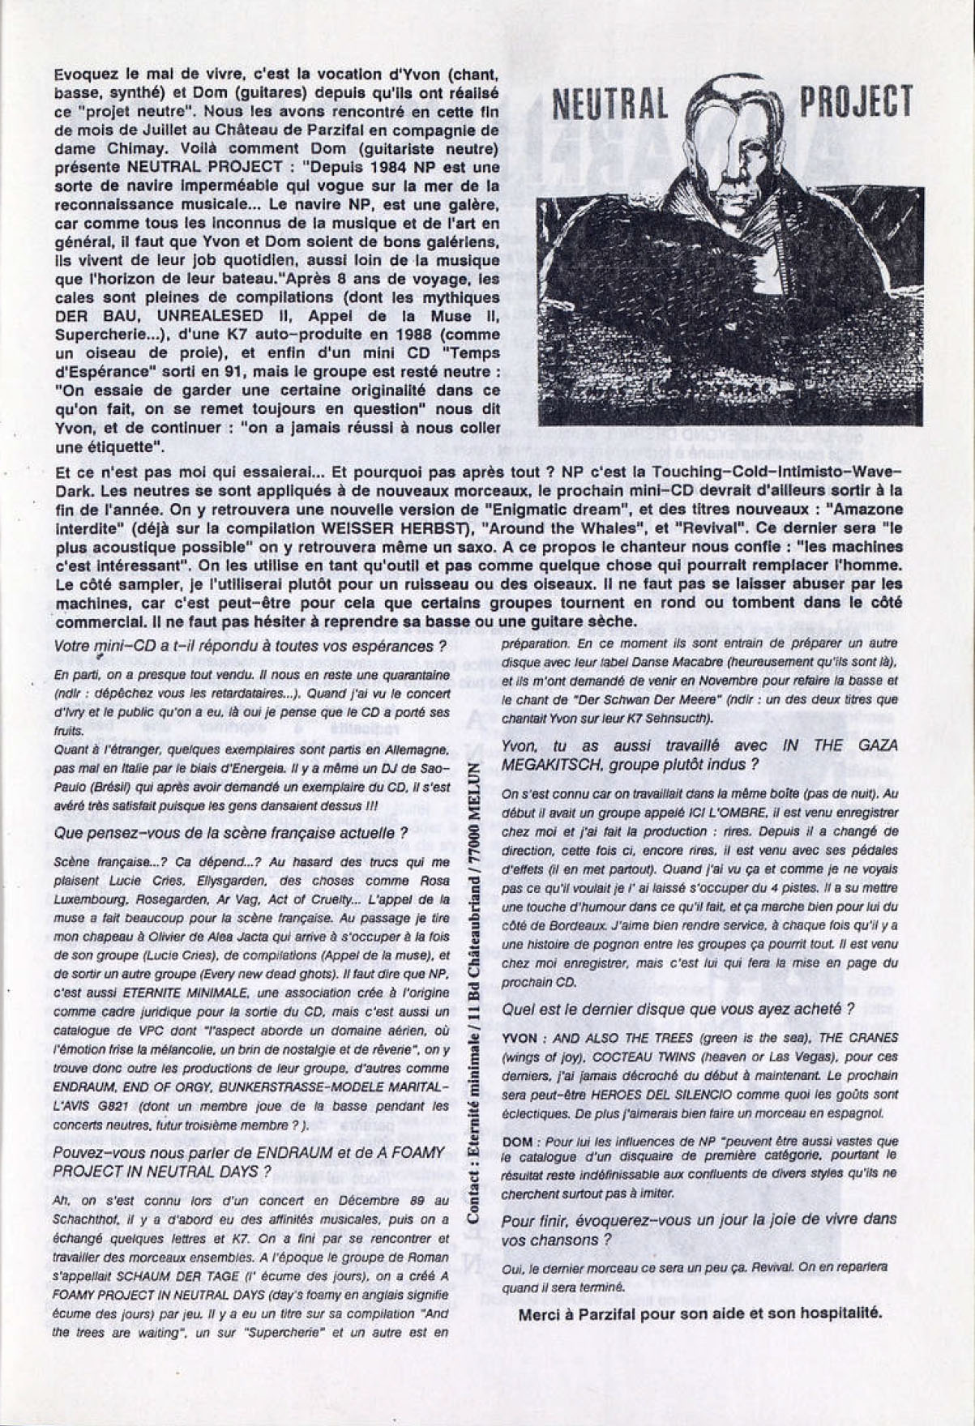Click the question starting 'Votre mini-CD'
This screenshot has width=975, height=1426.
tap(250, 647)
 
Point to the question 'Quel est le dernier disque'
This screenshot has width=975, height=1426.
tap(678, 1009)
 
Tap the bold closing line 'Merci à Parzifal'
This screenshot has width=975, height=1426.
tap(699, 1313)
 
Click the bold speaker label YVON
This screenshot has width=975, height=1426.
tap(519, 1037)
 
